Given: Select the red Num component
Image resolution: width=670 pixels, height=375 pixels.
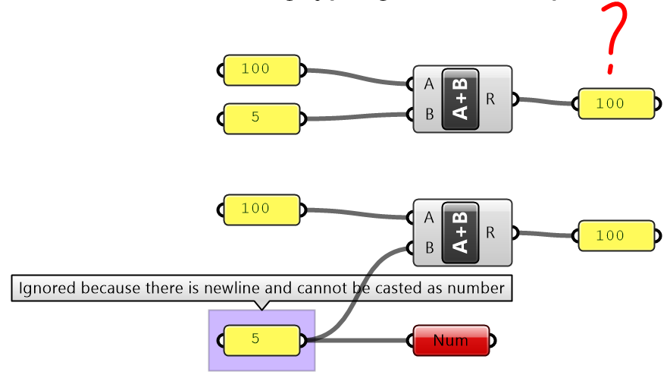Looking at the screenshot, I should (x=451, y=341).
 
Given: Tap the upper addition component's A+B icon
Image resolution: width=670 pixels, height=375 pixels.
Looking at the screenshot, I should (x=460, y=99).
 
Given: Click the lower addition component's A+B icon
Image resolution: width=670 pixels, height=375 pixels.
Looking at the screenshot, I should (x=460, y=232).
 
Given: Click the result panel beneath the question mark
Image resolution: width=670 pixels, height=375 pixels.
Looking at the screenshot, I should (x=615, y=103).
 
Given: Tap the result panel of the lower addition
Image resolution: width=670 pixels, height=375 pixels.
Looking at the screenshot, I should (x=615, y=236).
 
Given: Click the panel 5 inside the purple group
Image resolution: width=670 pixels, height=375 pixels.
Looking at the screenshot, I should (x=261, y=339).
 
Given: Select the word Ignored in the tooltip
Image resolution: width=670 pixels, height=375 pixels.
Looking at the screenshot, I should (x=48, y=288).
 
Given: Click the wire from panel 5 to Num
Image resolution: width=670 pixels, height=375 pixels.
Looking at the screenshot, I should (x=364, y=341).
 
